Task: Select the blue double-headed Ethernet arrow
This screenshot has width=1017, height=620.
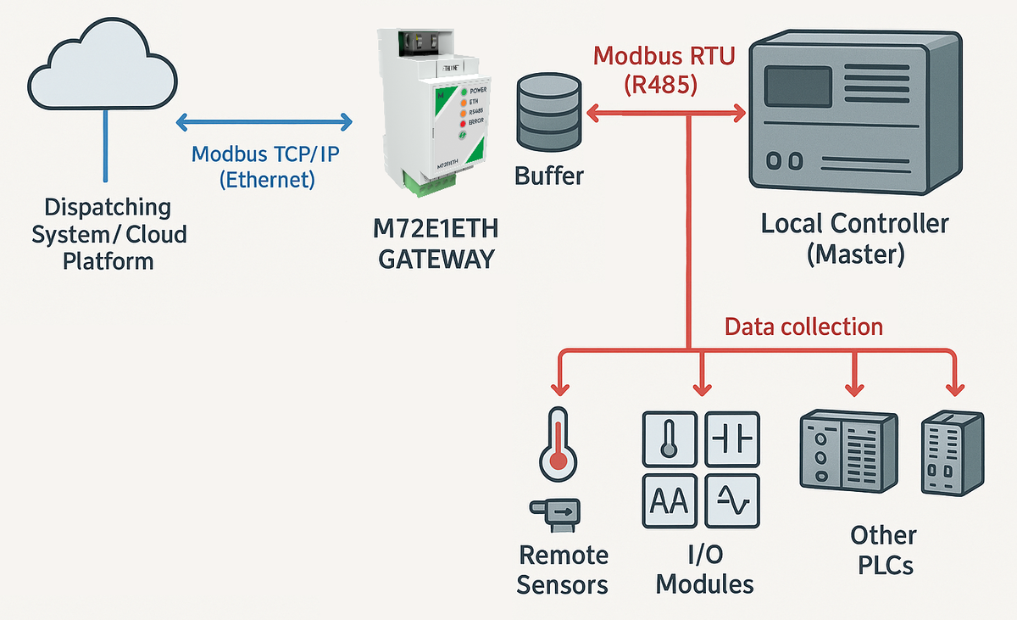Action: [264, 122]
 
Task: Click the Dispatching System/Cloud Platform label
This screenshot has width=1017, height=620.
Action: [108, 233]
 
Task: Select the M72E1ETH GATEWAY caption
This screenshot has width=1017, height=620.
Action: [436, 243]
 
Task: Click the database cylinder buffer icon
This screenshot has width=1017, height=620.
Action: [549, 111]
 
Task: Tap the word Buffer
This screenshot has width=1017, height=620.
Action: [549, 176]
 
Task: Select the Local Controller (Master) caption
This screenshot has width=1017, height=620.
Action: [854, 239]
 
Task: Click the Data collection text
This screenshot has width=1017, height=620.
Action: [803, 327]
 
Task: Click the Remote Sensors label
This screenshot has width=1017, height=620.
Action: [563, 569]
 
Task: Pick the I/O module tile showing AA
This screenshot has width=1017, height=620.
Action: [670, 500]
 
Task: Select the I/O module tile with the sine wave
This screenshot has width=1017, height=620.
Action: [732, 500]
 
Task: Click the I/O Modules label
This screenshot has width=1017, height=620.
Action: [705, 569]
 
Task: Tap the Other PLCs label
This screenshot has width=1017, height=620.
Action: [883, 550]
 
